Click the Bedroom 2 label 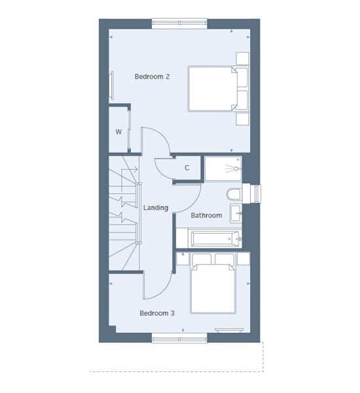coord(152,77)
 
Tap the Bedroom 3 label coord(157,313)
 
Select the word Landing coord(156,208)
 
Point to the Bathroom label coord(206,215)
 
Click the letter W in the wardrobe coord(118,132)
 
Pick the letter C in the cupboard coord(187,168)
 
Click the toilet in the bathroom coord(234,195)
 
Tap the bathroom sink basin coord(236,214)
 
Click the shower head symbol coord(234,169)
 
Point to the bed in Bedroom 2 coord(213,88)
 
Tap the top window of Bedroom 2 coord(179,24)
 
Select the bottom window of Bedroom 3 coord(179,339)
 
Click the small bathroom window coord(255,193)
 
